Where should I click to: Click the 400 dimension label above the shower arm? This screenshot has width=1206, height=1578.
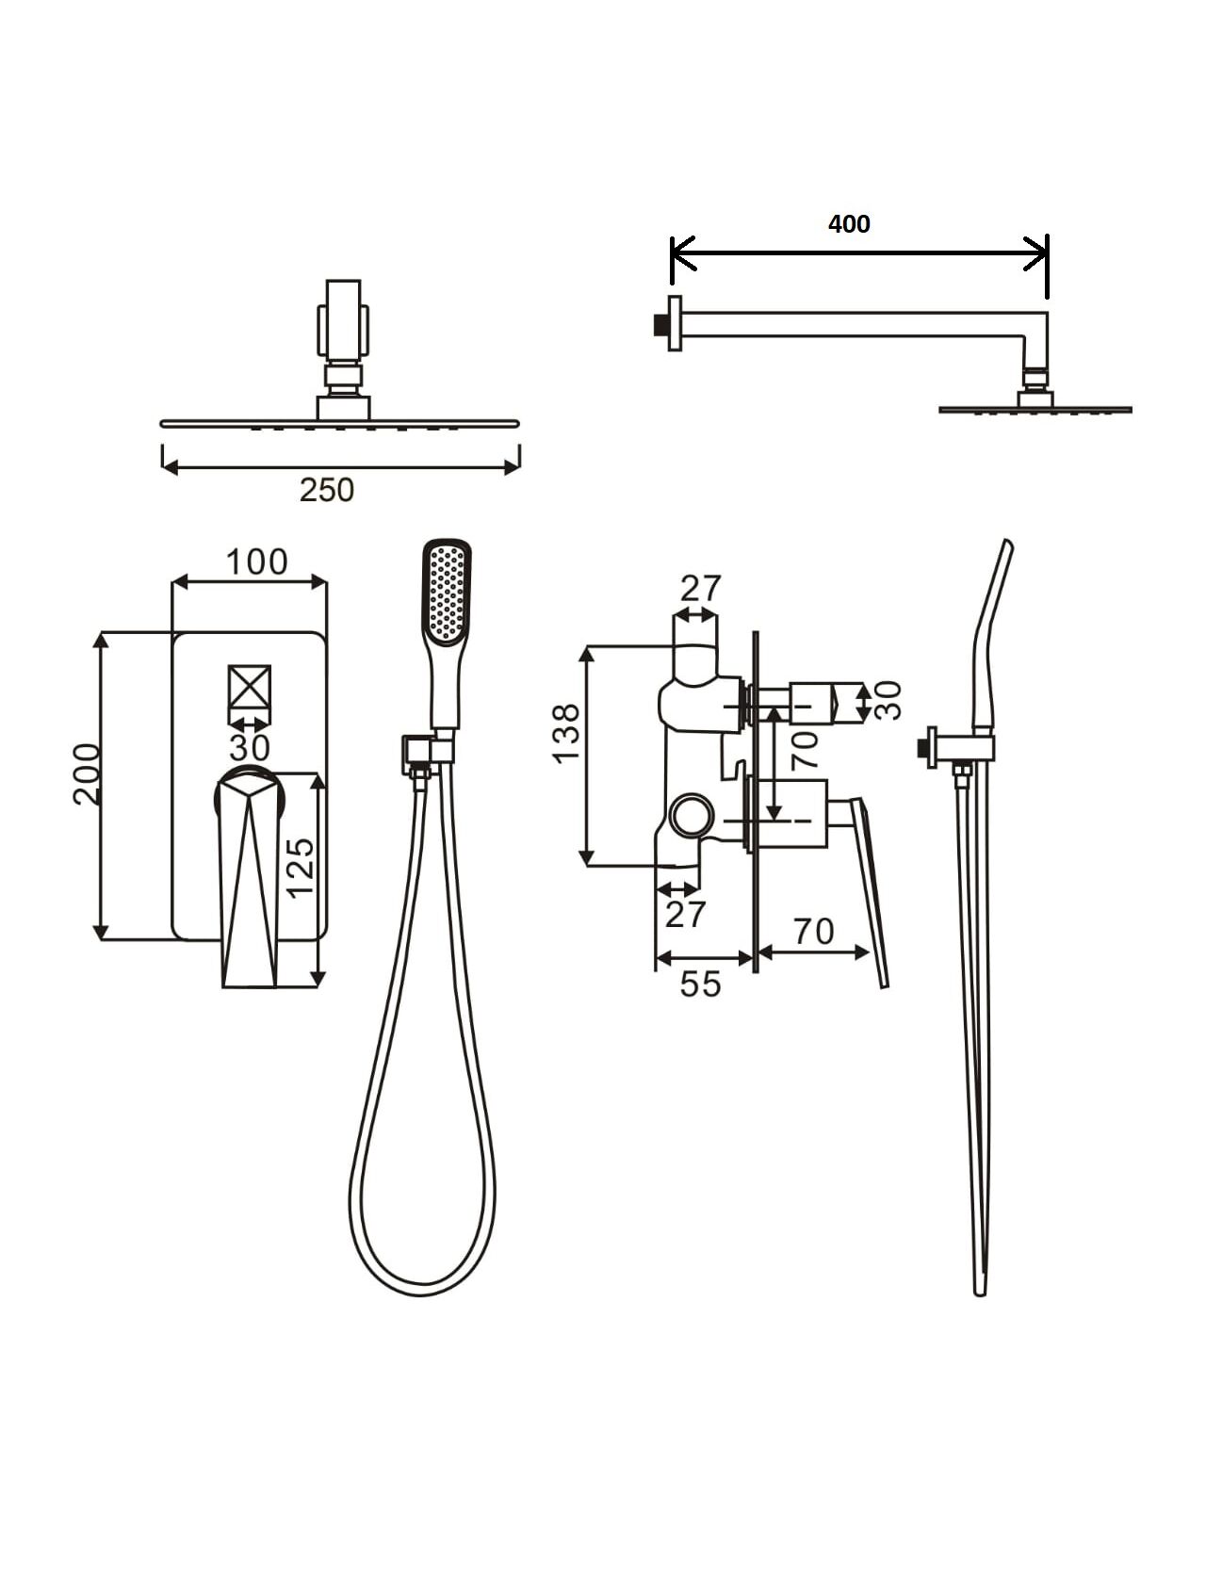click(x=849, y=224)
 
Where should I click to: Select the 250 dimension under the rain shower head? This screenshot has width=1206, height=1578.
click(x=327, y=490)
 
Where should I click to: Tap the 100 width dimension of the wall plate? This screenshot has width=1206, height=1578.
click(x=256, y=562)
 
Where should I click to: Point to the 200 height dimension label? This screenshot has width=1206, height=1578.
click(x=88, y=774)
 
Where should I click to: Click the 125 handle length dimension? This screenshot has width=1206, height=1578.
click(x=301, y=868)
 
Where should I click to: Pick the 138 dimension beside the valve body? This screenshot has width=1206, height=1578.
click(x=565, y=733)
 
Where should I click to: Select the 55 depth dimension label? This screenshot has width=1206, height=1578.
click(x=700, y=984)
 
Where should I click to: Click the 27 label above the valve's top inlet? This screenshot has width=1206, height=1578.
click(x=700, y=589)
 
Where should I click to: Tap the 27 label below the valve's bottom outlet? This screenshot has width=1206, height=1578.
click(x=684, y=915)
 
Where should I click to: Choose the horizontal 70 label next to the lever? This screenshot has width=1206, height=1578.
click(x=814, y=932)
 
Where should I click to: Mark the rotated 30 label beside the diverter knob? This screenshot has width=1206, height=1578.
click(x=888, y=700)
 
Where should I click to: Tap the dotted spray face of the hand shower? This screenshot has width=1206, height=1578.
click(x=447, y=594)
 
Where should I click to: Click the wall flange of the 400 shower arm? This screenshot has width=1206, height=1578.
click(x=675, y=323)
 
